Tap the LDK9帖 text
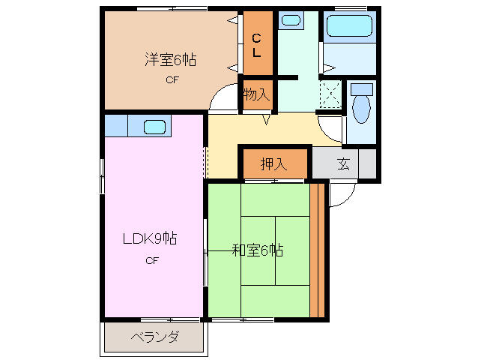151,239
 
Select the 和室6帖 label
257,250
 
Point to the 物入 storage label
256,94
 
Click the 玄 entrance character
343,164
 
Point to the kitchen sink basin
154,125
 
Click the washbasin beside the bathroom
291,20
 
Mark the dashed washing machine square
330,94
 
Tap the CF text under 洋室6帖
172,80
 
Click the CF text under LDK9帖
151,260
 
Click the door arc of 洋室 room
223,100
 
